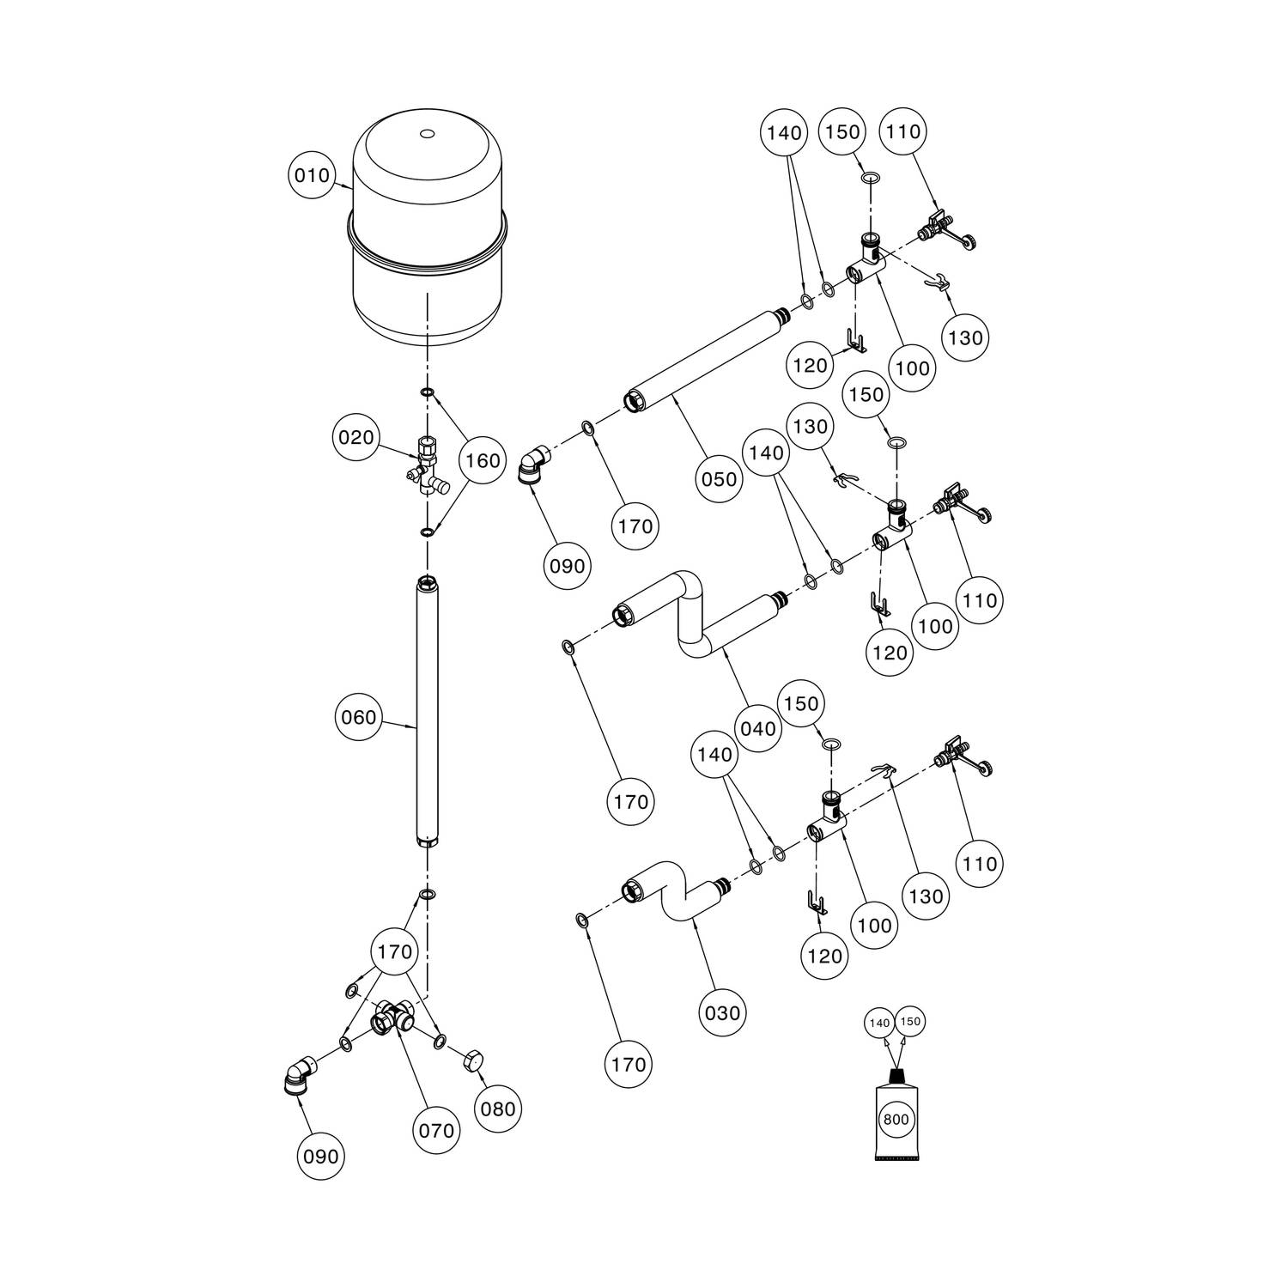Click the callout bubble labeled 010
(312, 176)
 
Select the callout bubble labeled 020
(356, 438)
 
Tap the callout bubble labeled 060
(359, 717)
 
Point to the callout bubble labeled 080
(498, 1109)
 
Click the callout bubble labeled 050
(719, 478)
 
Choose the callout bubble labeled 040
(757, 729)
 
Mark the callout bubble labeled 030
(722, 1013)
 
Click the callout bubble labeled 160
(483, 461)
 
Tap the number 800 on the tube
(896, 1120)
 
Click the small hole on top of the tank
(428, 134)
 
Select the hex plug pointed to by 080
(472, 1061)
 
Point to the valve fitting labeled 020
(427, 466)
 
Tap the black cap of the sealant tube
(896, 1076)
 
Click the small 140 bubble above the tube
(880, 1023)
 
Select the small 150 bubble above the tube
(910, 1022)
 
